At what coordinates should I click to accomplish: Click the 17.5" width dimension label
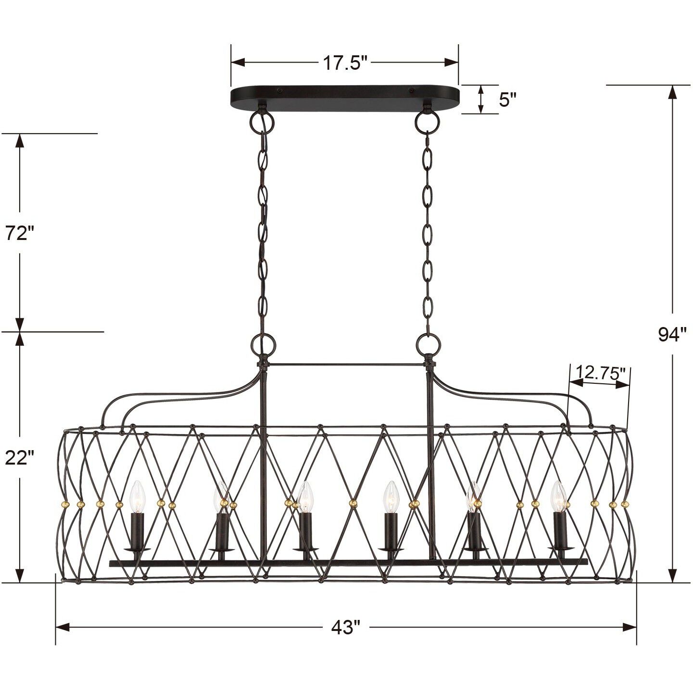pyautogui.click(x=345, y=63)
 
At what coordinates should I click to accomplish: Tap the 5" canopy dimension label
pyautogui.click(x=507, y=100)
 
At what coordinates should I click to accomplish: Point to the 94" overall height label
pyautogui.click(x=672, y=334)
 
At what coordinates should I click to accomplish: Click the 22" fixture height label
pyautogui.click(x=20, y=458)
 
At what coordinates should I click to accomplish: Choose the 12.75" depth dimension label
pyautogui.click(x=601, y=372)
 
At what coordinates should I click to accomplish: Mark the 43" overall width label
pyautogui.click(x=345, y=628)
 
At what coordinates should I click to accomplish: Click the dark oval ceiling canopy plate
pyautogui.click(x=345, y=99)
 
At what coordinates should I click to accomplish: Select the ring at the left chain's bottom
pyautogui.click(x=263, y=344)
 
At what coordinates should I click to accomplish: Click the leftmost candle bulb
pyautogui.click(x=138, y=496)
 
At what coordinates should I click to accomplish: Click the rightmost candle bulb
pyautogui.click(x=558, y=496)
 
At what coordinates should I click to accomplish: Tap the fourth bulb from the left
pyautogui.click(x=390, y=496)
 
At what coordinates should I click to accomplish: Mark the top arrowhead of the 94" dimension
pyautogui.click(x=672, y=91)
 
